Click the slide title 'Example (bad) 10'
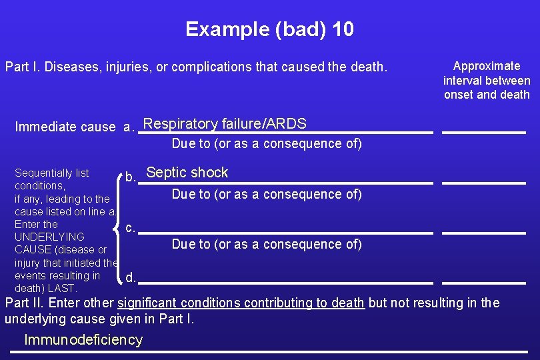[269, 29]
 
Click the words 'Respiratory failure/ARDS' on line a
[225, 123]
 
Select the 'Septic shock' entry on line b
[187, 173]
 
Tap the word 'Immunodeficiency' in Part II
[83, 340]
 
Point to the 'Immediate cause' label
[65, 127]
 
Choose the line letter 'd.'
[131, 277]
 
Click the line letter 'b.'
[131, 177]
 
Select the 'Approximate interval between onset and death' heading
[487, 80]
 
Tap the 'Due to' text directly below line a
[267, 143]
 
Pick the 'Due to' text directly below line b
[267, 194]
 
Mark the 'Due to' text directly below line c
[267, 244]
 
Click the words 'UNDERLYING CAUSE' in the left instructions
[49, 243]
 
